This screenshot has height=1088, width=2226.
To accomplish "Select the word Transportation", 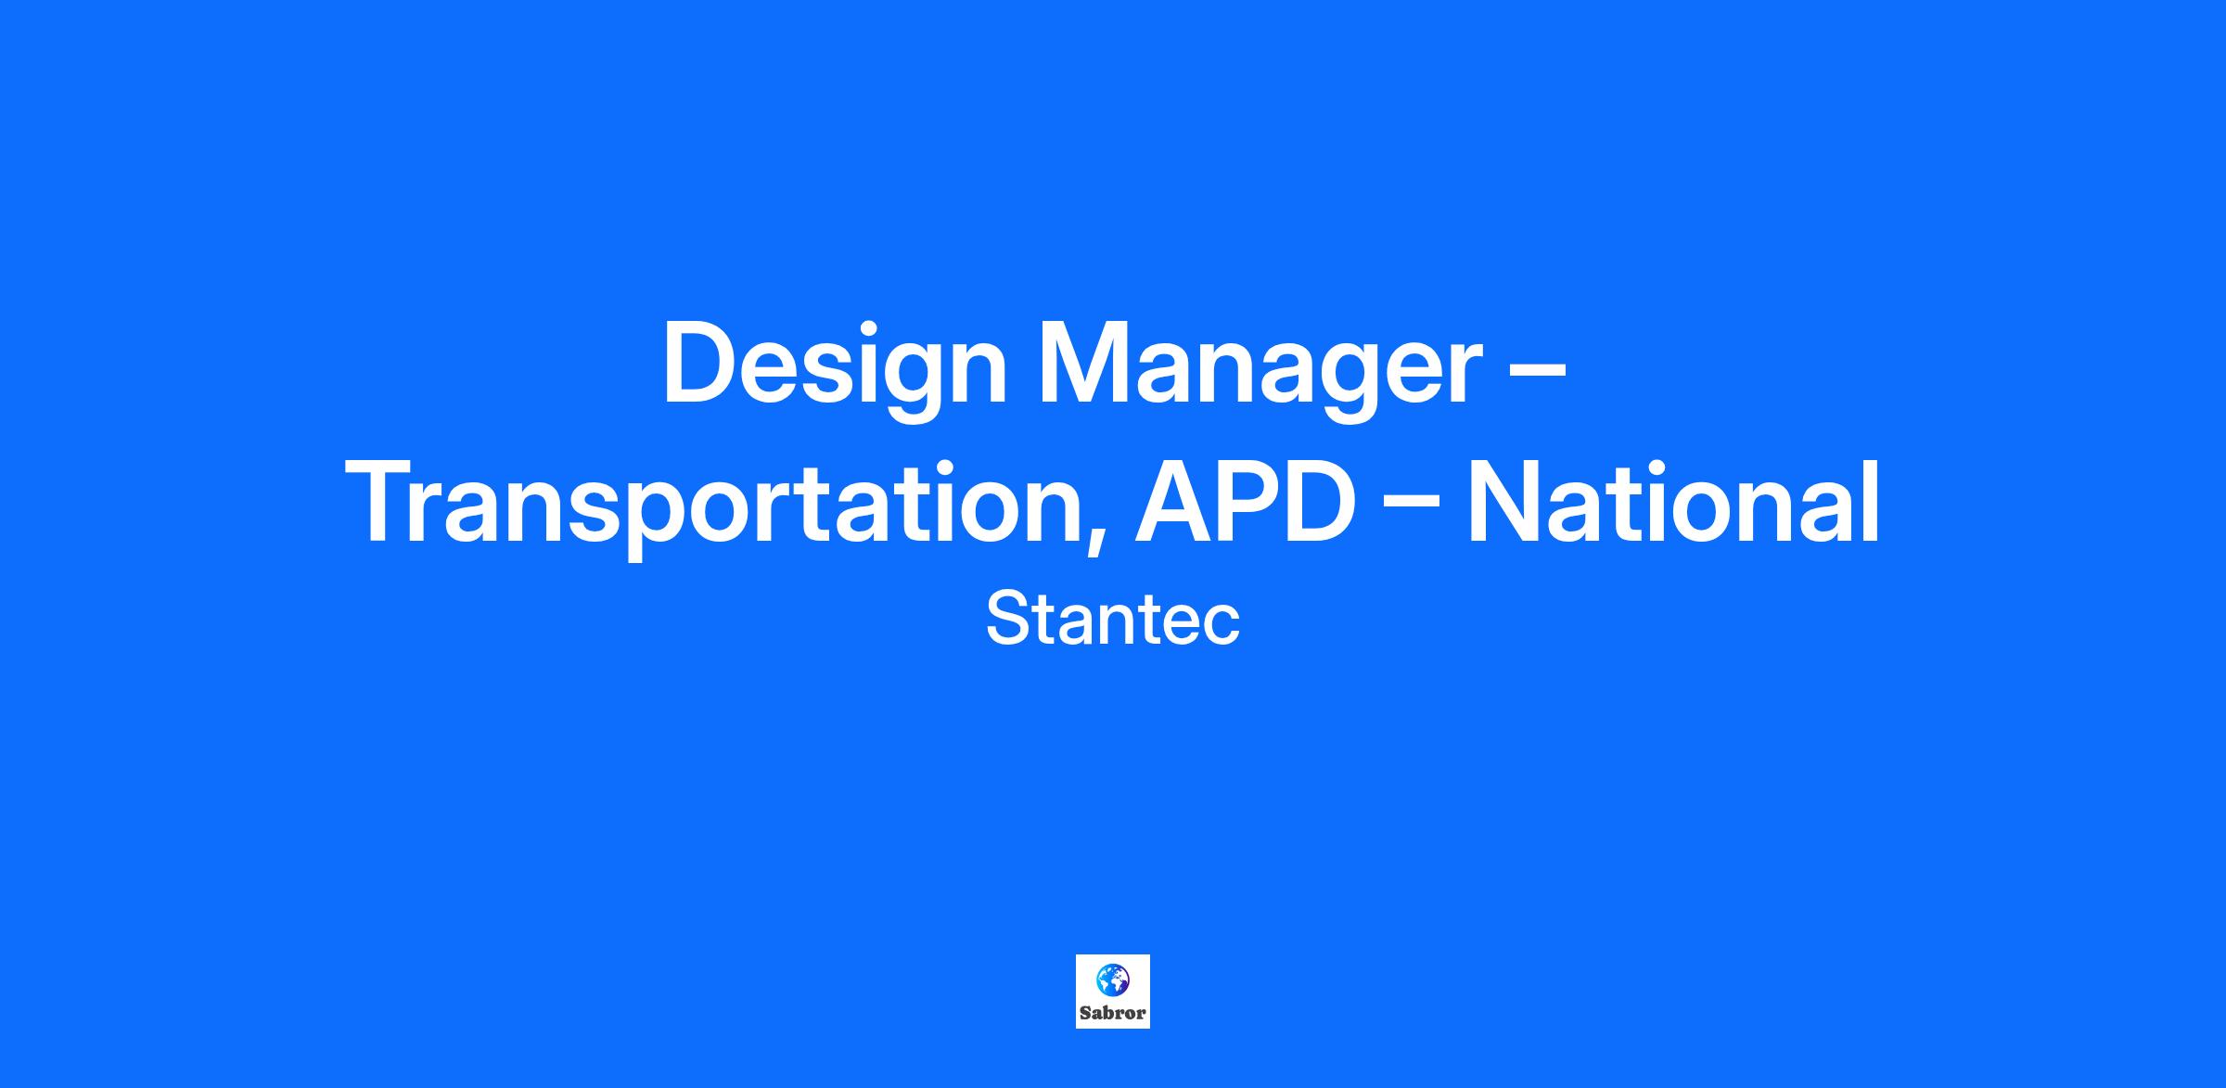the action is click(x=718, y=506).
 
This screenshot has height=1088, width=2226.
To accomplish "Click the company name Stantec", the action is click(x=1113, y=620).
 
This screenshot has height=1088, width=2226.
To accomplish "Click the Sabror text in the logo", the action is click(x=1112, y=1014).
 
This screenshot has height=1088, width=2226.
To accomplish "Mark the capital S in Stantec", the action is click(x=1007, y=620).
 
